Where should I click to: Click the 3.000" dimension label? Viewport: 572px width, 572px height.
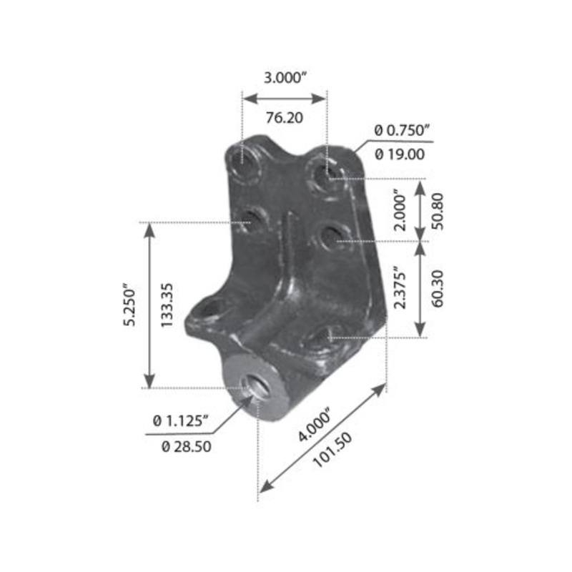click(x=285, y=79)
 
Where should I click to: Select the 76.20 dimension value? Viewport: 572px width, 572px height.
click(x=285, y=118)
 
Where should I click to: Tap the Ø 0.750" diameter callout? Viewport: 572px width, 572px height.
click(x=402, y=129)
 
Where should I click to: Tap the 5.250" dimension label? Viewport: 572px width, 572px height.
click(x=129, y=305)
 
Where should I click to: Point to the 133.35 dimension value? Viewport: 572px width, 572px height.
click(x=169, y=305)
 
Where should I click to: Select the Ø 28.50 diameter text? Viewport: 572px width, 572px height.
click(x=187, y=447)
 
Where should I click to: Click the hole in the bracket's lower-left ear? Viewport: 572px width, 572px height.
click(x=209, y=310)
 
